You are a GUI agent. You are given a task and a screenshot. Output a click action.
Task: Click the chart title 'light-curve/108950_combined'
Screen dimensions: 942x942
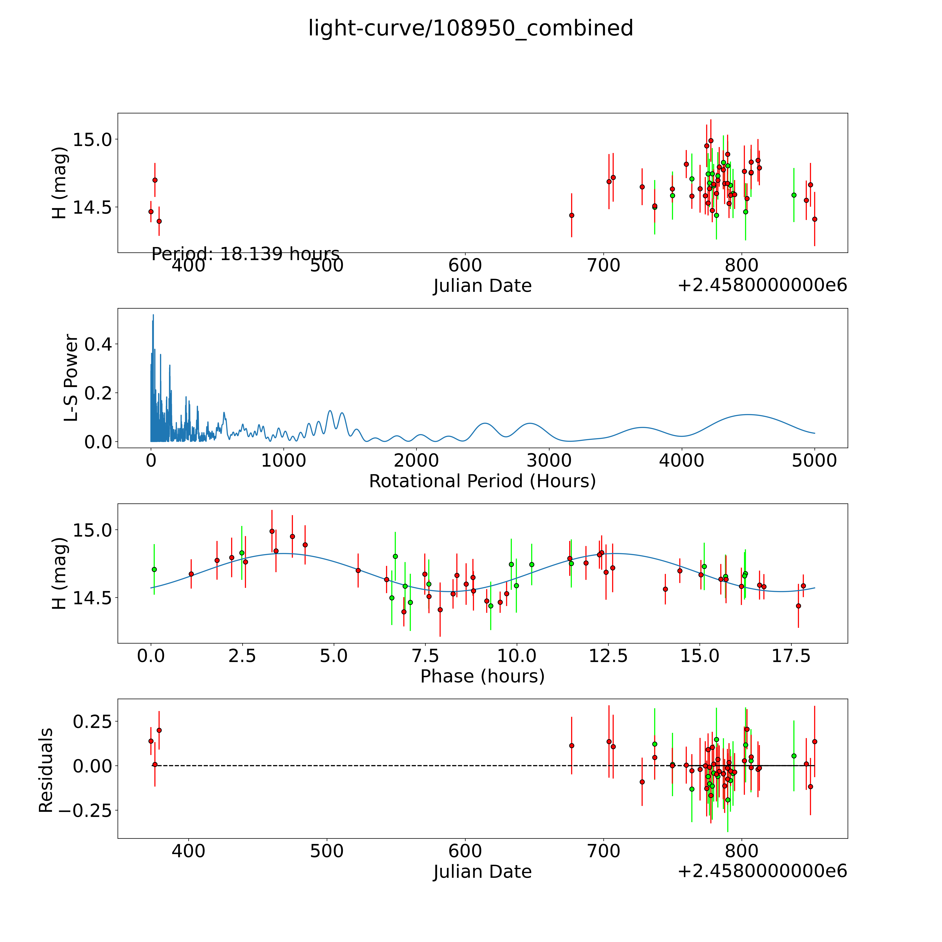coord(470,28)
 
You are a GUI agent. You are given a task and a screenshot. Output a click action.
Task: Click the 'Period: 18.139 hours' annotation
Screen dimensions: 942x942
coord(245,254)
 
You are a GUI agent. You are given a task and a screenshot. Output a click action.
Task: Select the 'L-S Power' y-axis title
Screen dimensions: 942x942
coord(71,378)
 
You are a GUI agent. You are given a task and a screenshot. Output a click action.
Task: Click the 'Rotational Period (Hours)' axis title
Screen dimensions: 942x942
coord(482,481)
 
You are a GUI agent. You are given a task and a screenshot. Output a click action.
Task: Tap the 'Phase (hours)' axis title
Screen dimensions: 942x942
coord(482,676)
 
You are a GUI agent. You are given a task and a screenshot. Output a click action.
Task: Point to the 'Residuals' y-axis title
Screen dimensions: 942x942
coord(46,770)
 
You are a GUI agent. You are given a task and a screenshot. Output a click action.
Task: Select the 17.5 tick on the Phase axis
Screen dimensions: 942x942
coord(791,656)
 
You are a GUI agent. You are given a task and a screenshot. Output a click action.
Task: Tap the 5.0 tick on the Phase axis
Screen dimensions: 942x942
coord(334,656)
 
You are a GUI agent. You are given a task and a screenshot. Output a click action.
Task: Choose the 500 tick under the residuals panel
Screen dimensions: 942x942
coord(327,851)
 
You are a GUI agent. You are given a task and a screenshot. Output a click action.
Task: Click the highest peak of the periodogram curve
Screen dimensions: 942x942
coord(153,315)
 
